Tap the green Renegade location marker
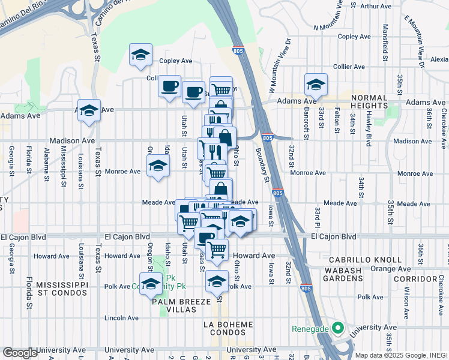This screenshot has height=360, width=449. coord(337,329)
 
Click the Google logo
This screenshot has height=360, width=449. coord(19,352)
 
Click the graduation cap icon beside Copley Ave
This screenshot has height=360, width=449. coord(140,55)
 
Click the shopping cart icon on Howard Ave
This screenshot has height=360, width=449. coord(217,248)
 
